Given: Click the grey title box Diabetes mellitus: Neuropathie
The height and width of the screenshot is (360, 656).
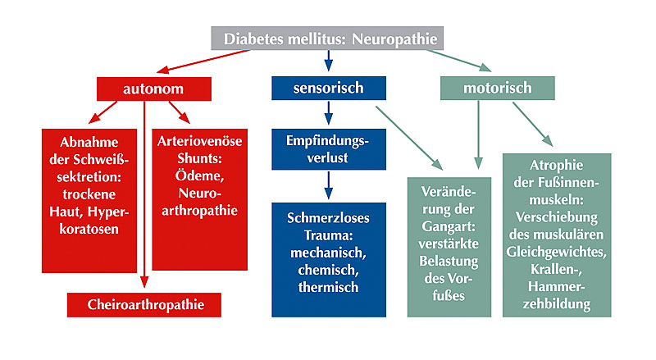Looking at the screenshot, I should pos(328,39).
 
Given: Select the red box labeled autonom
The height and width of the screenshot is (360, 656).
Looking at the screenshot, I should pos(152,88).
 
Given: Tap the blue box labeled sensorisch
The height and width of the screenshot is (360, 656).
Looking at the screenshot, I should pos(328,88).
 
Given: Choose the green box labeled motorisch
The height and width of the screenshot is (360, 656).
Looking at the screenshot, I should pos(497,88).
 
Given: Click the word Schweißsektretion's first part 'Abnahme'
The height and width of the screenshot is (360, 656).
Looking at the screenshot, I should pos(89,139).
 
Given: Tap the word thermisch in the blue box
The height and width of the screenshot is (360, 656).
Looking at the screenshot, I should pos(328,287).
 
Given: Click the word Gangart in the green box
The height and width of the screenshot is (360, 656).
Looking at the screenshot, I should pos(449,230).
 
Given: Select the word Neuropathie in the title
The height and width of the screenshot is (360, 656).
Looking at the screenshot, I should pos(391,39).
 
